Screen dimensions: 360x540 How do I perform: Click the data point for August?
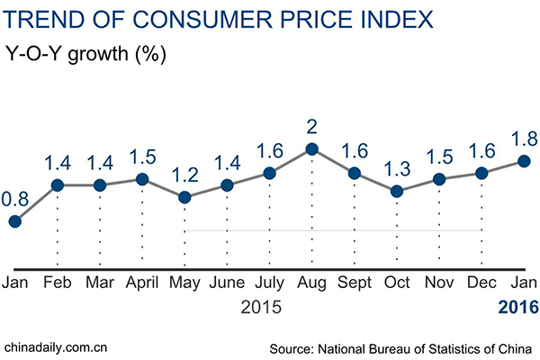pos(311,149)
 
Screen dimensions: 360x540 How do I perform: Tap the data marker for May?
pos(184,197)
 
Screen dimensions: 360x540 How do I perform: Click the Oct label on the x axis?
pos(397,283)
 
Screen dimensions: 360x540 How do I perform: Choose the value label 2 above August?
pos(311,124)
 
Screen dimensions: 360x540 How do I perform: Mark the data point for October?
pos(397,191)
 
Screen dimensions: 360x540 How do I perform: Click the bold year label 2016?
pos(518,308)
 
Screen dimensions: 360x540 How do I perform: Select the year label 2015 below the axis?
pos(262,308)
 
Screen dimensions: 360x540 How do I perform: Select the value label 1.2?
pos(184,172)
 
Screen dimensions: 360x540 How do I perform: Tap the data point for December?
pos(481,173)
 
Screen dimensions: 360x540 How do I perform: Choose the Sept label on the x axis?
pos(354,283)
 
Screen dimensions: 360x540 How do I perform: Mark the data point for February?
pos(57,185)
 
